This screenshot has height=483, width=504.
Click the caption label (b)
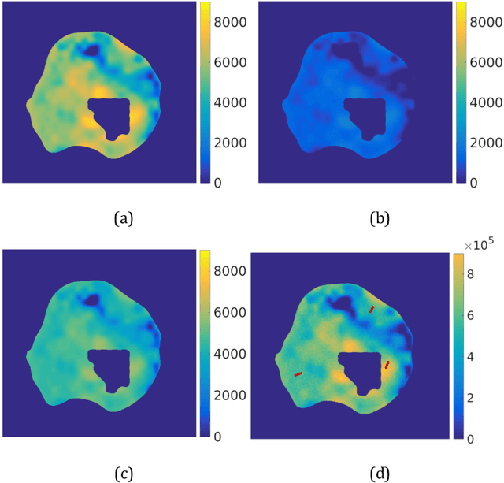click(x=377, y=217)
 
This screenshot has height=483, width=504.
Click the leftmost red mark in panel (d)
click(x=298, y=373)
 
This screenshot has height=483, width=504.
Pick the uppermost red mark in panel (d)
click(x=372, y=310)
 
